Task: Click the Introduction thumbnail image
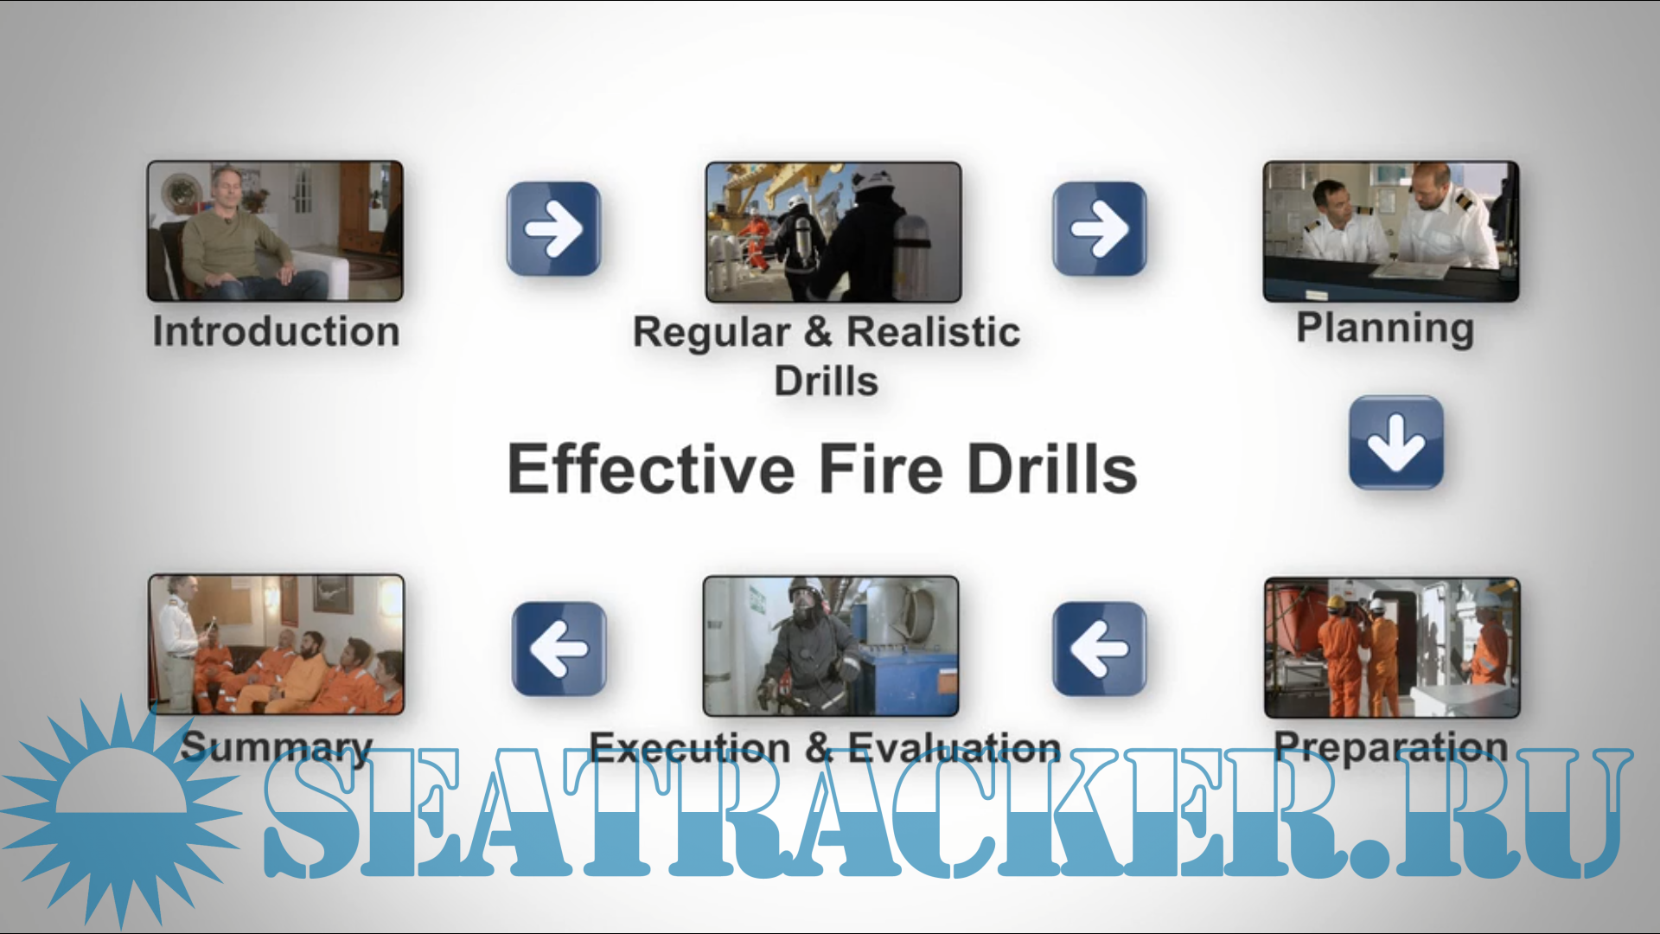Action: pyautogui.click(x=275, y=231)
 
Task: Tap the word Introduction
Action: pyautogui.click(x=276, y=332)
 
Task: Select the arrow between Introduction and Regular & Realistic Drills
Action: pyautogui.click(x=553, y=229)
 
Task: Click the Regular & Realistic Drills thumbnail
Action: pyautogui.click(x=833, y=232)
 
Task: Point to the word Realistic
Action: pyautogui.click(x=933, y=332)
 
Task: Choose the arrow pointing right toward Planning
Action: pyautogui.click(x=1099, y=229)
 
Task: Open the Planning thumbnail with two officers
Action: pyautogui.click(x=1390, y=231)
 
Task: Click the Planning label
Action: pyautogui.click(x=1385, y=329)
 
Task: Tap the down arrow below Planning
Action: pyautogui.click(x=1396, y=443)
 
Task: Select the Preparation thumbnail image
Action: pyautogui.click(x=1392, y=648)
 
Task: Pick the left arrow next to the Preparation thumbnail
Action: pyautogui.click(x=1099, y=649)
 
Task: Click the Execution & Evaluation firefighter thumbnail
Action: pyautogui.click(x=831, y=646)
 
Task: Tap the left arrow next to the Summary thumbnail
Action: pyautogui.click(x=559, y=649)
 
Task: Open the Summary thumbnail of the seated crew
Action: pyautogui.click(x=276, y=644)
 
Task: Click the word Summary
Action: pyautogui.click(x=276, y=747)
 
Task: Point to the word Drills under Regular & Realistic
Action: pyautogui.click(x=826, y=381)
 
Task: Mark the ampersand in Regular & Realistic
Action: pyautogui.click(x=818, y=332)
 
